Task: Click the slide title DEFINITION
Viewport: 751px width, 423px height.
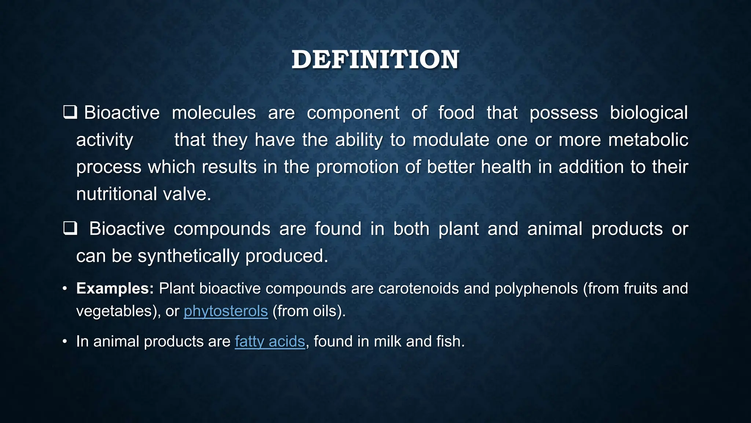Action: pos(375,59)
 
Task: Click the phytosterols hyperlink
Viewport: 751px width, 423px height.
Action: pos(226,311)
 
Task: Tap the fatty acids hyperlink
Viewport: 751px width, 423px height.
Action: pos(270,341)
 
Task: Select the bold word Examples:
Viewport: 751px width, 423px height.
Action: pos(115,289)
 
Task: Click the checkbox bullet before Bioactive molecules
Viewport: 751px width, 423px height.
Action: pos(70,112)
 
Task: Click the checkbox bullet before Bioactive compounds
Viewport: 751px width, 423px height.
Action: pos(70,228)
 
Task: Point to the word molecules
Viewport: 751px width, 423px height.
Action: pos(214,113)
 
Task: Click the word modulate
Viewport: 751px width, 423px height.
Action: pos(451,140)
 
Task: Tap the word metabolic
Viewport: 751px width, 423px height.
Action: pos(648,140)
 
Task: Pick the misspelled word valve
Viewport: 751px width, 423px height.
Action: pos(187,194)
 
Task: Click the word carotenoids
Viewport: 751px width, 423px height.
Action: pos(418,289)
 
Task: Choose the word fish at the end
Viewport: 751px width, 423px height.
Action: pos(450,341)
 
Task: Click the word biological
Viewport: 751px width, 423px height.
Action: pos(648,113)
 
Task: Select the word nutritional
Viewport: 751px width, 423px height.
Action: pos(116,194)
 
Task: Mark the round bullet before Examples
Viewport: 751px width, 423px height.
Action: pos(65,289)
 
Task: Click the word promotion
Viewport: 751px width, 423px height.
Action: pos(357,167)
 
